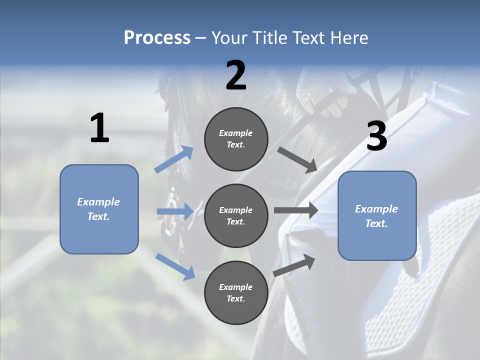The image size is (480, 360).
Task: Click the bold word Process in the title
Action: coord(157,38)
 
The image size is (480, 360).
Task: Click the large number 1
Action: coord(99,128)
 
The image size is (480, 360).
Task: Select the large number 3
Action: coord(376,136)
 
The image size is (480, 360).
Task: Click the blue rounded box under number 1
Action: coord(99,209)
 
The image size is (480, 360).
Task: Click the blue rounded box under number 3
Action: coord(377,215)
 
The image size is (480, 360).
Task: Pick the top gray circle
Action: coord(236,139)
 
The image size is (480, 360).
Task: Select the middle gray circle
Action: coord(236,215)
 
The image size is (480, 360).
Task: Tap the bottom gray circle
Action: coord(236,292)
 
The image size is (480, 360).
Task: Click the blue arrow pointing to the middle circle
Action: coord(175,211)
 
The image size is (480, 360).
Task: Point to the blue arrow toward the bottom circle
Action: coord(175,266)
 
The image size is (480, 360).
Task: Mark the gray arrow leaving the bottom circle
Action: coord(294,265)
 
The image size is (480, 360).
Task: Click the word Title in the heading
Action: coord(270,38)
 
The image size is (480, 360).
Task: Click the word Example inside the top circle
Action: coord(236,133)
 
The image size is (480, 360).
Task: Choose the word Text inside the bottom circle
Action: coord(235,298)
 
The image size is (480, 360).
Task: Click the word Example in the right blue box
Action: coord(376,209)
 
